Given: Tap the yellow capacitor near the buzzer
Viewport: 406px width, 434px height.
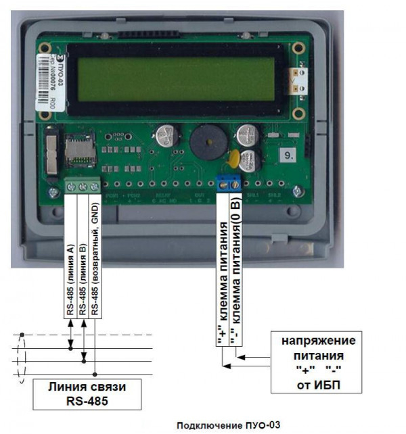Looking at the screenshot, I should (x=233, y=159).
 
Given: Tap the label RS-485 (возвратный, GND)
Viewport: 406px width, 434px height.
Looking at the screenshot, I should (x=95, y=260).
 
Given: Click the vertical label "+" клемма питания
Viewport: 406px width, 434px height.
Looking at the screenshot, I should (x=222, y=284).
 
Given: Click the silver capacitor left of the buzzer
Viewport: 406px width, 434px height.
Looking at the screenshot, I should (x=166, y=136).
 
